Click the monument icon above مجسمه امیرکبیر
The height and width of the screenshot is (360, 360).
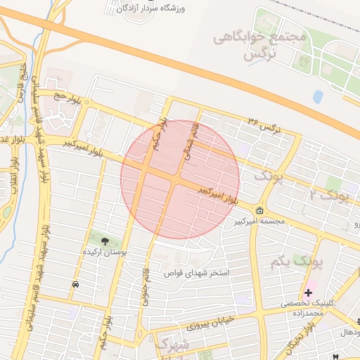[260, 210]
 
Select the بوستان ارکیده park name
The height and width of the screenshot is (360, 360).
[105, 251]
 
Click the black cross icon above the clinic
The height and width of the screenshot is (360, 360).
[308, 292]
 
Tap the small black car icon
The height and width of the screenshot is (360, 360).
[75, 284]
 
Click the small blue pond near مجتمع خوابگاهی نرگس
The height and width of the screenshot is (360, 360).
[318, 96]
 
